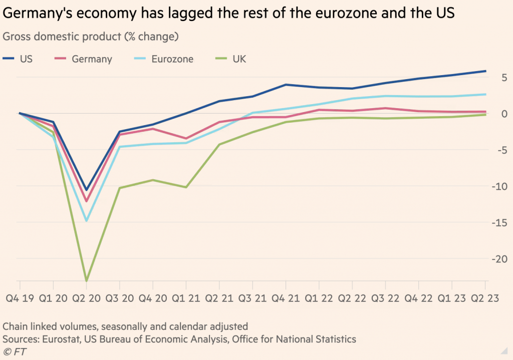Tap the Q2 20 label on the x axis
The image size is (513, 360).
click(86, 299)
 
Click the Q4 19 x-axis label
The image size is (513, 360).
click(20, 299)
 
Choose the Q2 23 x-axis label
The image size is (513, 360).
click(485, 299)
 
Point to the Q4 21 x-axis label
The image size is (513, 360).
click(286, 299)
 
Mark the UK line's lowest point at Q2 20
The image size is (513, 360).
click(86, 281)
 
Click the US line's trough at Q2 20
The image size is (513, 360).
click(86, 190)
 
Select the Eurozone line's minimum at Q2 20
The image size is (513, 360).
click(86, 221)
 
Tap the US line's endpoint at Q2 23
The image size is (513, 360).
click(485, 71)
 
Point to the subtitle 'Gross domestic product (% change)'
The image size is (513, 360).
click(91, 37)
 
